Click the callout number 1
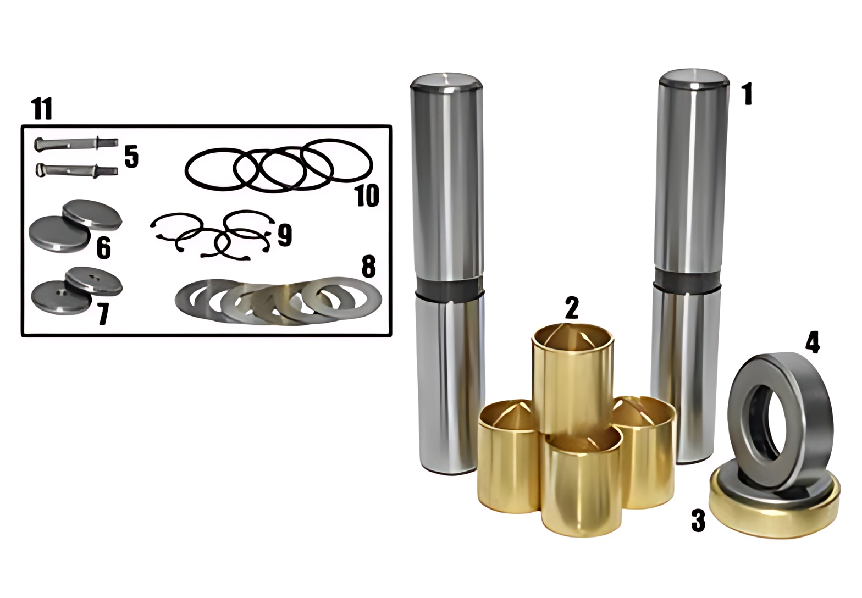click(747, 94)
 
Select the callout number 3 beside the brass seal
click(698, 521)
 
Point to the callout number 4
click(813, 341)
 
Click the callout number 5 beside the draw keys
click(131, 157)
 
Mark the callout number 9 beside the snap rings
click(284, 234)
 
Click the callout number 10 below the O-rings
click(368, 195)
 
